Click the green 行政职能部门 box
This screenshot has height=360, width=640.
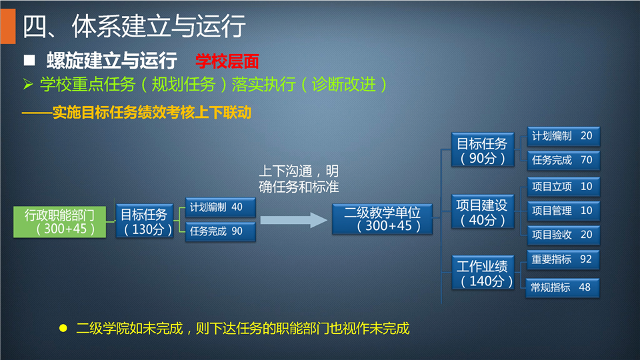coord(59,221)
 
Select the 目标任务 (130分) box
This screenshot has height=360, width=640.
coord(145,221)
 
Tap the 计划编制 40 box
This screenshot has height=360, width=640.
coord(221,207)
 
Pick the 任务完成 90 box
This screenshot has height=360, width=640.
coord(221,231)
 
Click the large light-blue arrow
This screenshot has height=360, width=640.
coord(293,220)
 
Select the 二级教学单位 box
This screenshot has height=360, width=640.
coord(382,219)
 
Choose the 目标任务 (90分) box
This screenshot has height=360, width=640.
coord(483,150)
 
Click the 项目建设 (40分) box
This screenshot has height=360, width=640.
coord(483,211)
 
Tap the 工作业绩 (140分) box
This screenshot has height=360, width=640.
coord(483,273)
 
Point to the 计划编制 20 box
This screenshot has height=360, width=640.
coord(563,136)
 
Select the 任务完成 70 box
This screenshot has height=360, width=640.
coord(563,161)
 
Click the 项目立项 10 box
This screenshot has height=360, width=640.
coord(563,187)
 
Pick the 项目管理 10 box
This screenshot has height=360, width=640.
coord(563,211)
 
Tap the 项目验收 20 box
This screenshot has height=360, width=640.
coord(563,235)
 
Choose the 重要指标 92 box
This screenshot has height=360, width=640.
coord(563,259)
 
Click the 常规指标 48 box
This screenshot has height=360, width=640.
coord(563,288)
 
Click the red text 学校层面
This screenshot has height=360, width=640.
coord(227,61)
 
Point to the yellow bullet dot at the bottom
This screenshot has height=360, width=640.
coord(63,328)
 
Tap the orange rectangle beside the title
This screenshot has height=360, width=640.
coord(8,26)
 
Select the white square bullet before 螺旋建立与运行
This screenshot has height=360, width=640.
coord(29,61)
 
